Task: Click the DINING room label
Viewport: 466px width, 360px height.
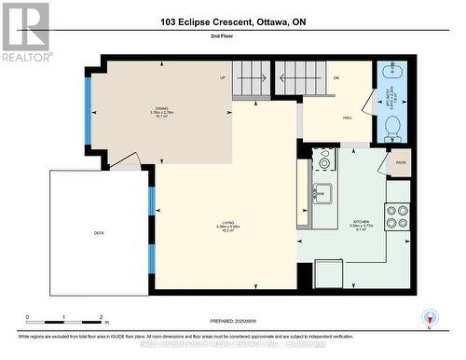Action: pos(161,109)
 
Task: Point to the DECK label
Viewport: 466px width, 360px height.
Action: pos(98,233)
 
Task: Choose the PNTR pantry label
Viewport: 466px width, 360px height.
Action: pos(401,162)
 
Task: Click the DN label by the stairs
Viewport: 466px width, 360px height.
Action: pos(336,78)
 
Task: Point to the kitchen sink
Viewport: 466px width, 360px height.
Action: pos(322,194)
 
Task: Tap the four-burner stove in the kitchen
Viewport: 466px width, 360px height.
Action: pos(398,216)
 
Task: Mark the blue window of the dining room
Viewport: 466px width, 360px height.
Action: pos(88,111)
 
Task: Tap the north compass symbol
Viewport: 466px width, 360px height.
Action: pos(429,318)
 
